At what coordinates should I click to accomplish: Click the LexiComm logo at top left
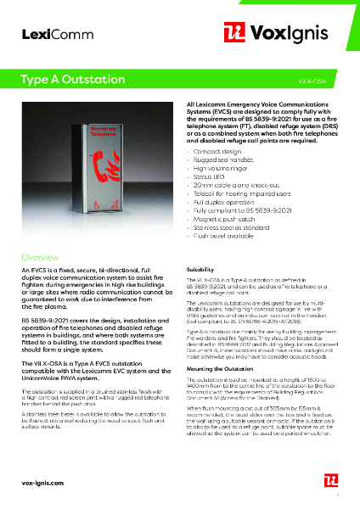click(x=45, y=33)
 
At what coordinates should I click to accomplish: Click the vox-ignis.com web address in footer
click(x=42, y=482)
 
